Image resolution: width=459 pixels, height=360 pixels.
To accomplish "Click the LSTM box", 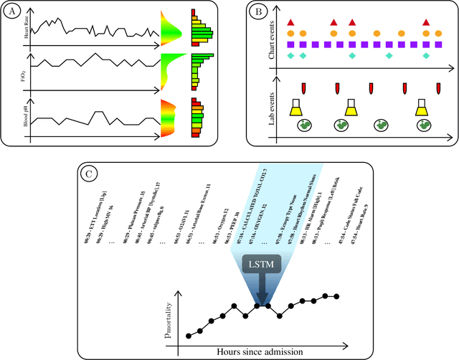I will click(260, 265).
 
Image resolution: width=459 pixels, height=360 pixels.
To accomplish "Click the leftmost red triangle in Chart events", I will click(290, 23).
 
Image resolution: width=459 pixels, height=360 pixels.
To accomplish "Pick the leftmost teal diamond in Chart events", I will click(290, 55).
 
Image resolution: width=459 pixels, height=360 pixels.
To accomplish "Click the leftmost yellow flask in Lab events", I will click(295, 108).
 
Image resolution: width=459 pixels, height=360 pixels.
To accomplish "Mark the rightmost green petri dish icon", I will click(426, 125).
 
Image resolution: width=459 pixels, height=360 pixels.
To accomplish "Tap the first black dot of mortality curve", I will click(188, 336).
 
